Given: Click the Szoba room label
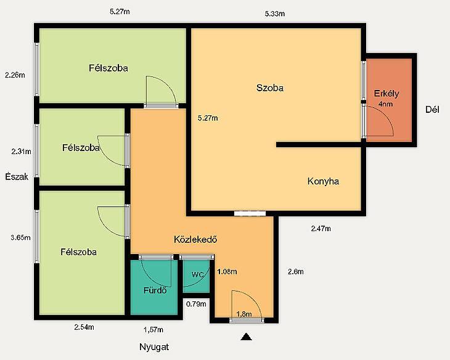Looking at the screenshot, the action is (x=270, y=88).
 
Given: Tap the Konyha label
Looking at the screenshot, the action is (x=323, y=181).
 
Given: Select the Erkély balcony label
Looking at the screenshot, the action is (x=387, y=94).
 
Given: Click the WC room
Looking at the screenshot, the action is (x=197, y=275).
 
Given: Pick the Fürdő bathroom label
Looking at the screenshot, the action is (x=155, y=290).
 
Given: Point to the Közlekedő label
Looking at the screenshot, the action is (x=195, y=239).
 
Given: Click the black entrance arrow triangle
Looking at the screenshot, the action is (x=246, y=337).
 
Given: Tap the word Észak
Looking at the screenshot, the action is (x=17, y=176).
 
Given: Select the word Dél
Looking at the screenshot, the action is (x=432, y=110).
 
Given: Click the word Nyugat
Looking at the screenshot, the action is (x=154, y=347).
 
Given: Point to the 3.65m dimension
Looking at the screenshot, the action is (x=20, y=238).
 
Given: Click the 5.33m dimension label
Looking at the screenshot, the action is (x=275, y=14).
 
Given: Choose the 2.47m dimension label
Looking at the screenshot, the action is (x=321, y=229).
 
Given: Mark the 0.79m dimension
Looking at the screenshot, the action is (x=196, y=304).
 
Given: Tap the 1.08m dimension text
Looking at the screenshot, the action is (x=227, y=272).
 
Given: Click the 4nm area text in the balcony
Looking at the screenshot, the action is (x=385, y=104).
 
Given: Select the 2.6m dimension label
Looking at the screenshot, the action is (x=296, y=272).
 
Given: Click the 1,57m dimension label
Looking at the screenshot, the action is (x=153, y=330).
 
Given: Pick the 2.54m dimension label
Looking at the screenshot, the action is (x=84, y=327).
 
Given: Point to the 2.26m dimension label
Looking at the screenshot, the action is (x=15, y=75).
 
